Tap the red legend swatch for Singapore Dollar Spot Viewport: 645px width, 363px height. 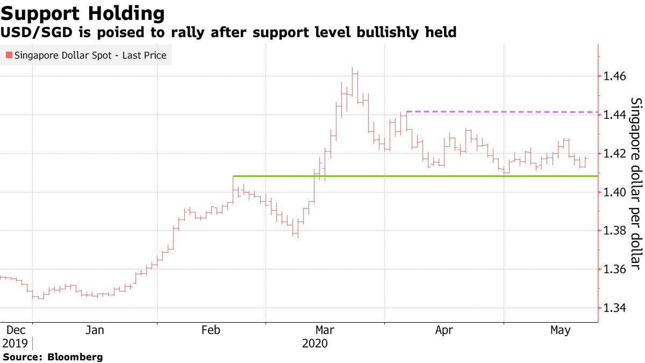pos(9,55)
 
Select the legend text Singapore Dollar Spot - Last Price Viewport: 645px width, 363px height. pos(90,55)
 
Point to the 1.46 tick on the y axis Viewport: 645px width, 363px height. pos(614,76)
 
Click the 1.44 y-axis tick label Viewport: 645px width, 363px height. pos(614,115)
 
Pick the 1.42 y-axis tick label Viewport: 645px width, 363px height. pos(614,154)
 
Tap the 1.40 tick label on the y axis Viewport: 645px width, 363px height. pos(614,193)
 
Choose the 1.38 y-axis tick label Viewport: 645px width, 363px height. pos(614,231)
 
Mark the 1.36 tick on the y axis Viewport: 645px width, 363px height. pos(614,269)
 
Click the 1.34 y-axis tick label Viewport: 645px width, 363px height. pos(614,308)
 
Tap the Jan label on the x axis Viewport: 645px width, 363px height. pos(95,331)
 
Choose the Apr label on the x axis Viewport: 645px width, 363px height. pos(444,331)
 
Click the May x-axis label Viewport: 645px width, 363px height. pos(561,331)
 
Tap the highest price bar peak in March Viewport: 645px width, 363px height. pos(353,68)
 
